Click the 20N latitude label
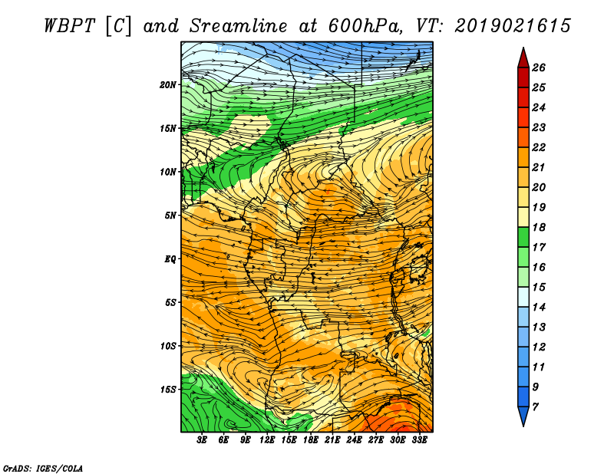[x=168, y=85]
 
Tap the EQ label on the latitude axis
[x=170, y=259]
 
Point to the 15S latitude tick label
[x=168, y=390]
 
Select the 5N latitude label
[x=170, y=216]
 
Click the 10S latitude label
[x=168, y=346]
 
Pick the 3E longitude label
[x=202, y=440]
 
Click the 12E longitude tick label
[x=267, y=440]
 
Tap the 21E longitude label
[x=332, y=440]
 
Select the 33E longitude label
[x=419, y=440]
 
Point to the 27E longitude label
[x=376, y=440]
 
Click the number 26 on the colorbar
[x=539, y=67]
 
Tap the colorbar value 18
[x=539, y=227]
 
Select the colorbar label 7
[x=535, y=407]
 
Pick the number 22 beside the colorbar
[x=539, y=147]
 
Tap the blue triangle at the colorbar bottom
[x=523, y=415]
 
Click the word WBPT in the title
[x=69, y=26]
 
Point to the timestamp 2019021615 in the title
[x=513, y=26]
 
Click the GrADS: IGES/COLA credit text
[x=43, y=469]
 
